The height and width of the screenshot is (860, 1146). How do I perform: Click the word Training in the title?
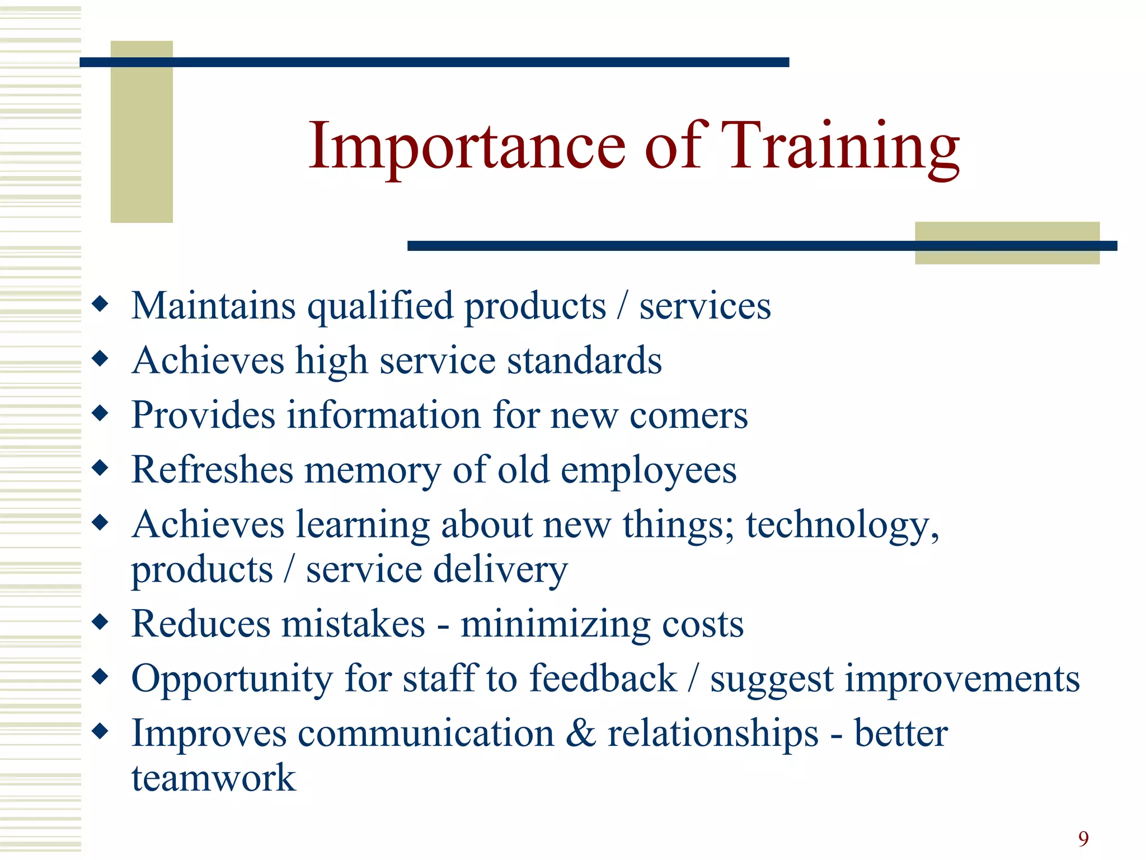[x=839, y=147]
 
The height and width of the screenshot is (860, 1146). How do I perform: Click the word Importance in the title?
[x=467, y=147]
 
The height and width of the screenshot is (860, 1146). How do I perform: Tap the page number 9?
[x=1083, y=839]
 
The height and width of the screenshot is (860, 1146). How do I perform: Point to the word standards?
[x=584, y=361]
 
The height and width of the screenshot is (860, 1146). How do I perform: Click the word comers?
[x=688, y=415]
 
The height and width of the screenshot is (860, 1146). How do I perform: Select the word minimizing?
[x=555, y=625]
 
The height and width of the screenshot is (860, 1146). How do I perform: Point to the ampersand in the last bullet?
[x=580, y=733]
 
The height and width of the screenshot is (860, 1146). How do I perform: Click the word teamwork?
[x=213, y=778]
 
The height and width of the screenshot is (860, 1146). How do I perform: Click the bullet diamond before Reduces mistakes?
[x=100, y=621]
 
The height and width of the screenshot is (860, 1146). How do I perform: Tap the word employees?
[x=649, y=470]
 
